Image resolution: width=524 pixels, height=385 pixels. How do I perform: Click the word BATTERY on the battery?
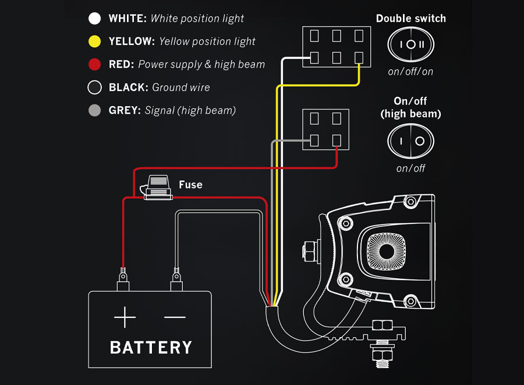pyautogui.click(x=151, y=348)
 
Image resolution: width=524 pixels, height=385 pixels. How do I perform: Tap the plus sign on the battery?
pyautogui.click(x=125, y=317)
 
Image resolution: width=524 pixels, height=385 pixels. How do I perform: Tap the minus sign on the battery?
pyautogui.click(x=175, y=317)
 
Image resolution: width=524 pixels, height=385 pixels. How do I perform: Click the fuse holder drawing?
pyautogui.click(x=157, y=188)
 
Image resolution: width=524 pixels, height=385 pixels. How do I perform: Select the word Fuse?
pyautogui.click(x=190, y=185)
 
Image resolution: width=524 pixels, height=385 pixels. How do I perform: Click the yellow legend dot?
pyautogui.click(x=94, y=41)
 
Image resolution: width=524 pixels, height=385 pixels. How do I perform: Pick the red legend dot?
pyautogui.click(x=94, y=64)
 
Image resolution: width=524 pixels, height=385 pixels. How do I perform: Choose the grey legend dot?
pyautogui.click(x=94, y=110)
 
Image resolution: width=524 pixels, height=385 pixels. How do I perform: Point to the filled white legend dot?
pyautogui.click(x=94, y=19)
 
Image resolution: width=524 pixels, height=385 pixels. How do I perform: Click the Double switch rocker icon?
pyautogui.click(x=411, y=45)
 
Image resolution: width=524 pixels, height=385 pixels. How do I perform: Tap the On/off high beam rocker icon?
pyautogui.click(x=411, y=141)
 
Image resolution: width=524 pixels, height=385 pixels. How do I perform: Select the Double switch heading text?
pyautogui.click(x=411, y=19)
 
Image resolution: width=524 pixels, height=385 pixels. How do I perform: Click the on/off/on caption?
pyautogui.click(x=411, y=72)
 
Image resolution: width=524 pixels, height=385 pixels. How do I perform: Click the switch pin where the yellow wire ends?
pyautogui.click(x=359, y=57)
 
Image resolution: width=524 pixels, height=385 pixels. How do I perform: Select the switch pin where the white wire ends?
pyautogui.click(x=314, y=57)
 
